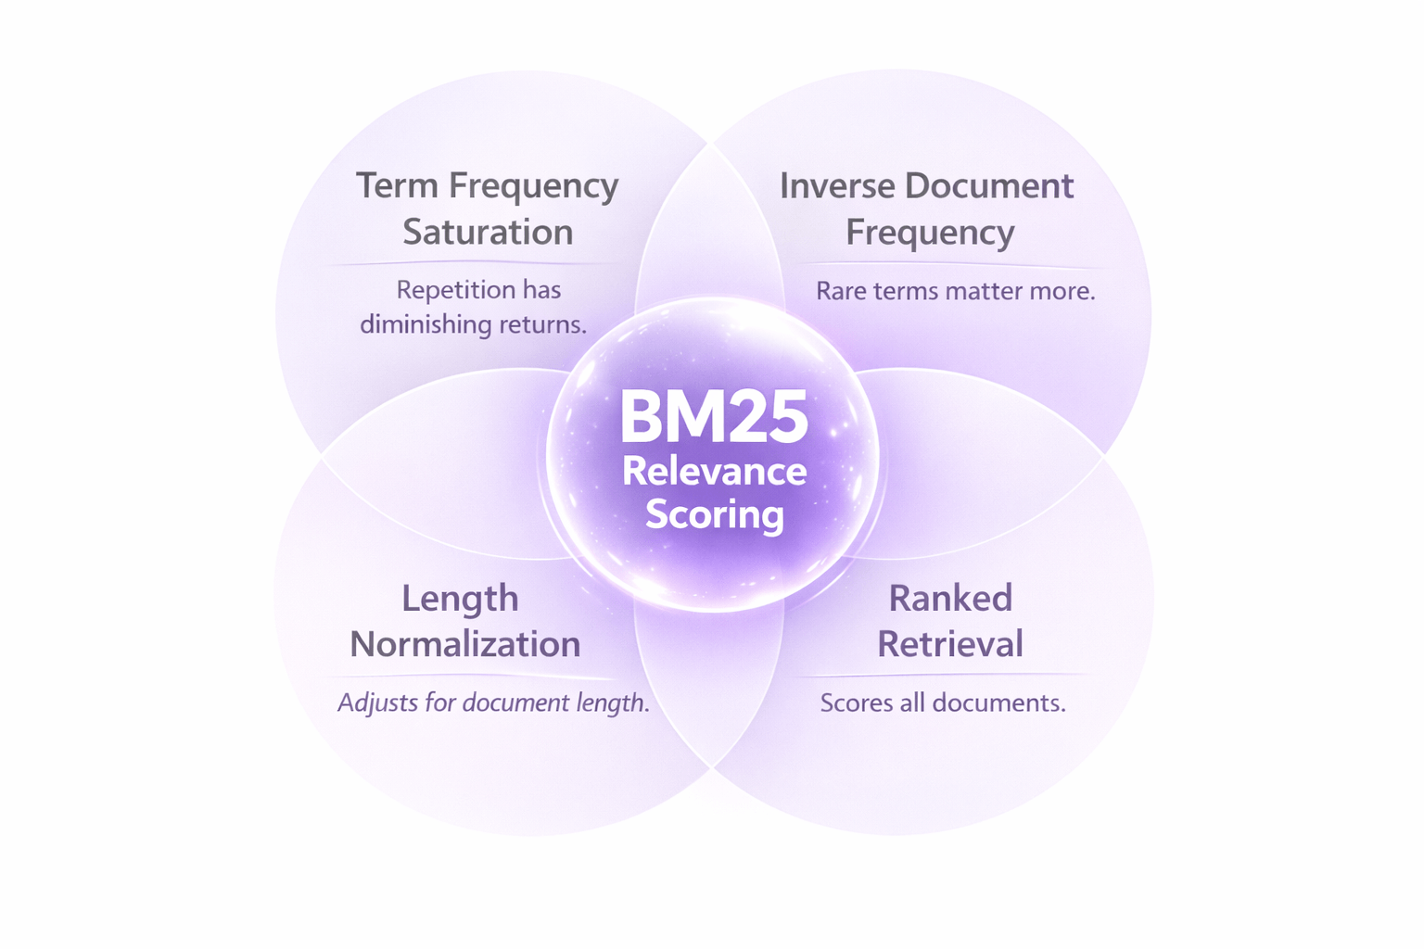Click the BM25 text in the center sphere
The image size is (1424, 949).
coord(714,417)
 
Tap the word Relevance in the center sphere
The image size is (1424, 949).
coord(714,471)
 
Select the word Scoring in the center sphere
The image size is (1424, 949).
coord(714,514)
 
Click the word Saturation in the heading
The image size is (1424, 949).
coord(488,232)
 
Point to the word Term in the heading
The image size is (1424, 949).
coord(397,185)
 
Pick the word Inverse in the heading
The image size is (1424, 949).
coord(836,185)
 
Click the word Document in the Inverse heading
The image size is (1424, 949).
coord(989,185)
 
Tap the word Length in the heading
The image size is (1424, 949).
coord(460,599)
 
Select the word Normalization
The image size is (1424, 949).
coord(465,644)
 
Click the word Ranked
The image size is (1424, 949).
coord(950,599)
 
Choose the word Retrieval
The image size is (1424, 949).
coord(950,644)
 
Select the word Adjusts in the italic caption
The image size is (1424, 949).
coord(377,702)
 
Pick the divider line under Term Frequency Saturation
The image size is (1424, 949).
coord(473,264)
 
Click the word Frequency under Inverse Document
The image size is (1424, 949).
coord(930,233)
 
